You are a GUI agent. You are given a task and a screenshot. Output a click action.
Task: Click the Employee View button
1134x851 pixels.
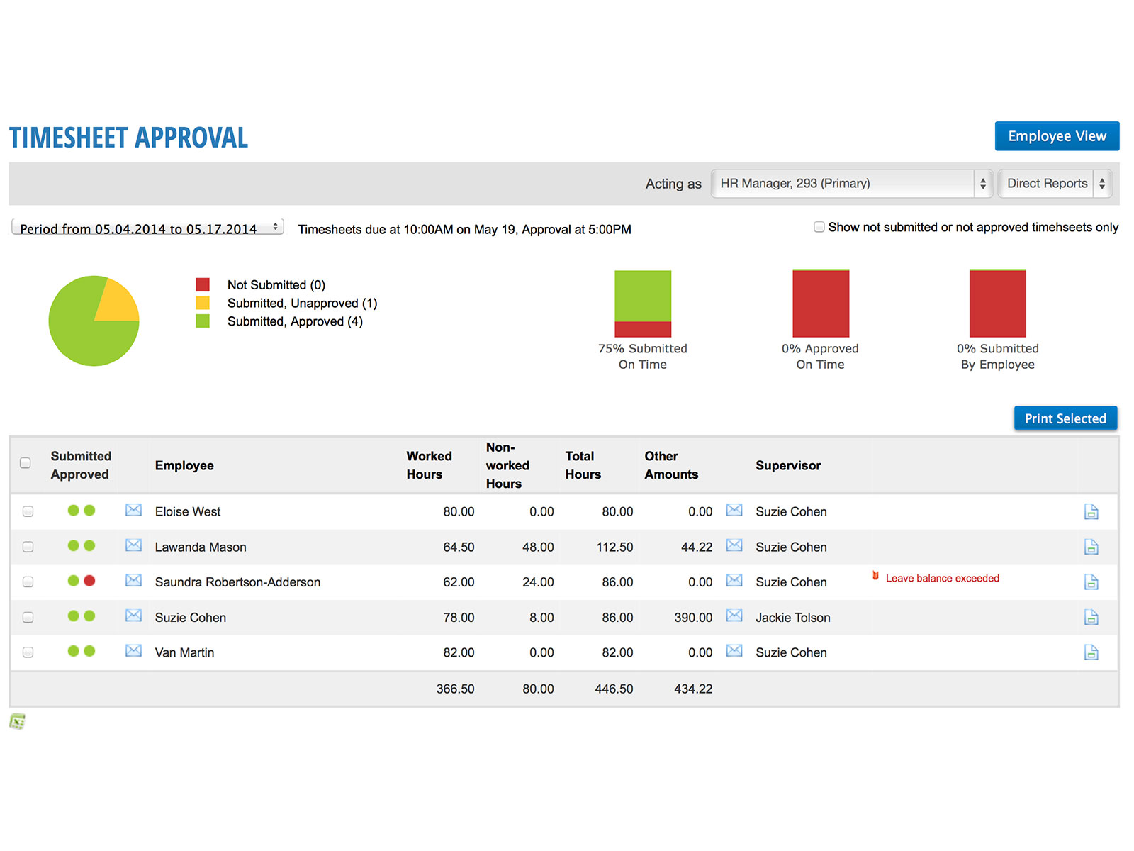(x=1056, y=136)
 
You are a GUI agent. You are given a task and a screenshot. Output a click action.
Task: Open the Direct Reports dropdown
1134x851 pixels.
(x=1055, y=184)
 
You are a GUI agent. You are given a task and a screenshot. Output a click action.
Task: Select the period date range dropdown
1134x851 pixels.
(x=147, y=228)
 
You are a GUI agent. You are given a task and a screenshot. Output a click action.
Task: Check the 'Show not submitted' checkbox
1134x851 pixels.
(x=819, y=227)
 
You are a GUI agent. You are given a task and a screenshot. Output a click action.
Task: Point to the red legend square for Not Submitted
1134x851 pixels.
(x=203, y=285)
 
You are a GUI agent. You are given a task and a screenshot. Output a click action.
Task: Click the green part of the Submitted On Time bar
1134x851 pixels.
(x=642, y=295)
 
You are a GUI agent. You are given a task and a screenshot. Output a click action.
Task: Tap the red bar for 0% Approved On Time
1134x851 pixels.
(x=820, y=304)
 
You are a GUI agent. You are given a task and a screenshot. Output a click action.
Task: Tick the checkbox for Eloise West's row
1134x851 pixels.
(x=28, y=511)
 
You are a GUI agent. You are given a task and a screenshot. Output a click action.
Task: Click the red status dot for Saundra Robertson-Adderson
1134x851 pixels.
(x=89, y=581)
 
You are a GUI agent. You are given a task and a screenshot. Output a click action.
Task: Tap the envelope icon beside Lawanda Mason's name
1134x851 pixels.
(x=133, y=545)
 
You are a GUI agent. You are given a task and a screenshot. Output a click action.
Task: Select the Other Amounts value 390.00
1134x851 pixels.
(x=693, y=618)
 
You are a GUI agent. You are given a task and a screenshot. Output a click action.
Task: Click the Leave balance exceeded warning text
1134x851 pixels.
(x=942, y=579)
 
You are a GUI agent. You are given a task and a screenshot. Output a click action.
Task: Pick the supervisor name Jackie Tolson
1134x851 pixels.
(x=792, y=618)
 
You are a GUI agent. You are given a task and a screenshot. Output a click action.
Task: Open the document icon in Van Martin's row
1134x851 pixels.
(x=1091, y=652)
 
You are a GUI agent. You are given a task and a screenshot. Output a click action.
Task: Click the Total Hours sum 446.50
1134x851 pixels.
(x=614, y=689)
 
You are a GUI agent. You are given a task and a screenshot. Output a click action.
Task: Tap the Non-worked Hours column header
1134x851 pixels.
(x=507, y=465)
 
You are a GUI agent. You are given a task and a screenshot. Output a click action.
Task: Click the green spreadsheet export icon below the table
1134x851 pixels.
(x=17, y=722)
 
